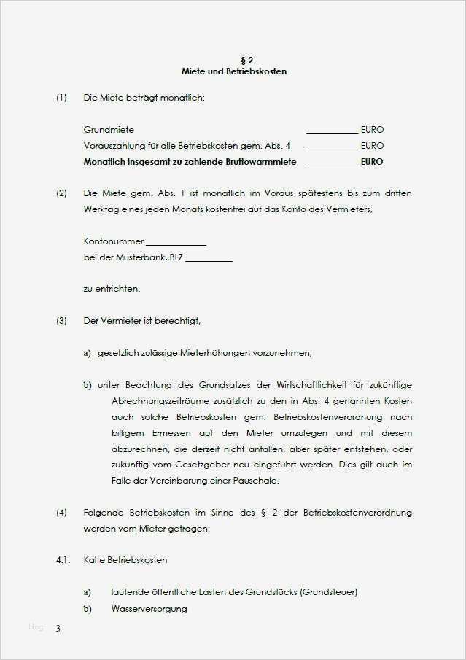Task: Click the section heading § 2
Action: click(233, 60)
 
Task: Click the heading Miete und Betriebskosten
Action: click(233, 71)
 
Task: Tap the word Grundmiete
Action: click(109, 130)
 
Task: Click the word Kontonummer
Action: click(114, 241)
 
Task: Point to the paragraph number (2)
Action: click(61, 193)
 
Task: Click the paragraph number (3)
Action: click(61, 320)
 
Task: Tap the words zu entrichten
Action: click(112, 289)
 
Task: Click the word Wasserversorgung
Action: click(149, 608)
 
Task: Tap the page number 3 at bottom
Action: click(58, 628)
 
